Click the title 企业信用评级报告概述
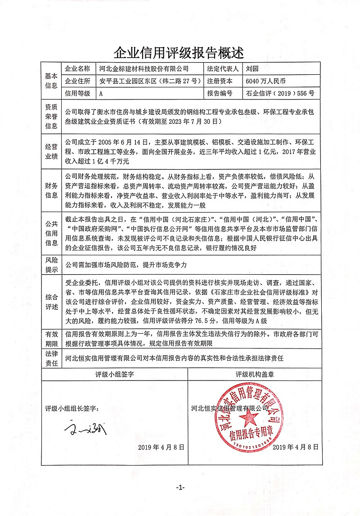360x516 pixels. tap(180, 53)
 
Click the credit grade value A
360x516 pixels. tap(101, 94)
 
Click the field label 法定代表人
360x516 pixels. tap(221, 69)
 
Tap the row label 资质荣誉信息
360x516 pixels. tap(51, 117)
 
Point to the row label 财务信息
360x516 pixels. tap(51, 190)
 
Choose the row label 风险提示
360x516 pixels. tap(51, 266)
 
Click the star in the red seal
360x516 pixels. tap(248, 419)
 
